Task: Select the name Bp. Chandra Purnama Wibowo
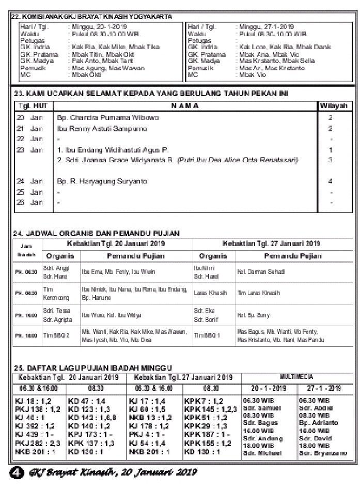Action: [108, 118]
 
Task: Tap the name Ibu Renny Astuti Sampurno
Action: [102, 128]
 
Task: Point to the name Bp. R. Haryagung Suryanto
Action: [102, 181]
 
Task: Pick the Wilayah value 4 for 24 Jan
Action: [331, 181]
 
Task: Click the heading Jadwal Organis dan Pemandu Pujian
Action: [96, 234]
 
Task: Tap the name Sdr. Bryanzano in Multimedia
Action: [322, 453]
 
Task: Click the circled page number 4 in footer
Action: [17, 471]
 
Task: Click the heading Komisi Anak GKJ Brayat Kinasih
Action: [92, 17]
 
